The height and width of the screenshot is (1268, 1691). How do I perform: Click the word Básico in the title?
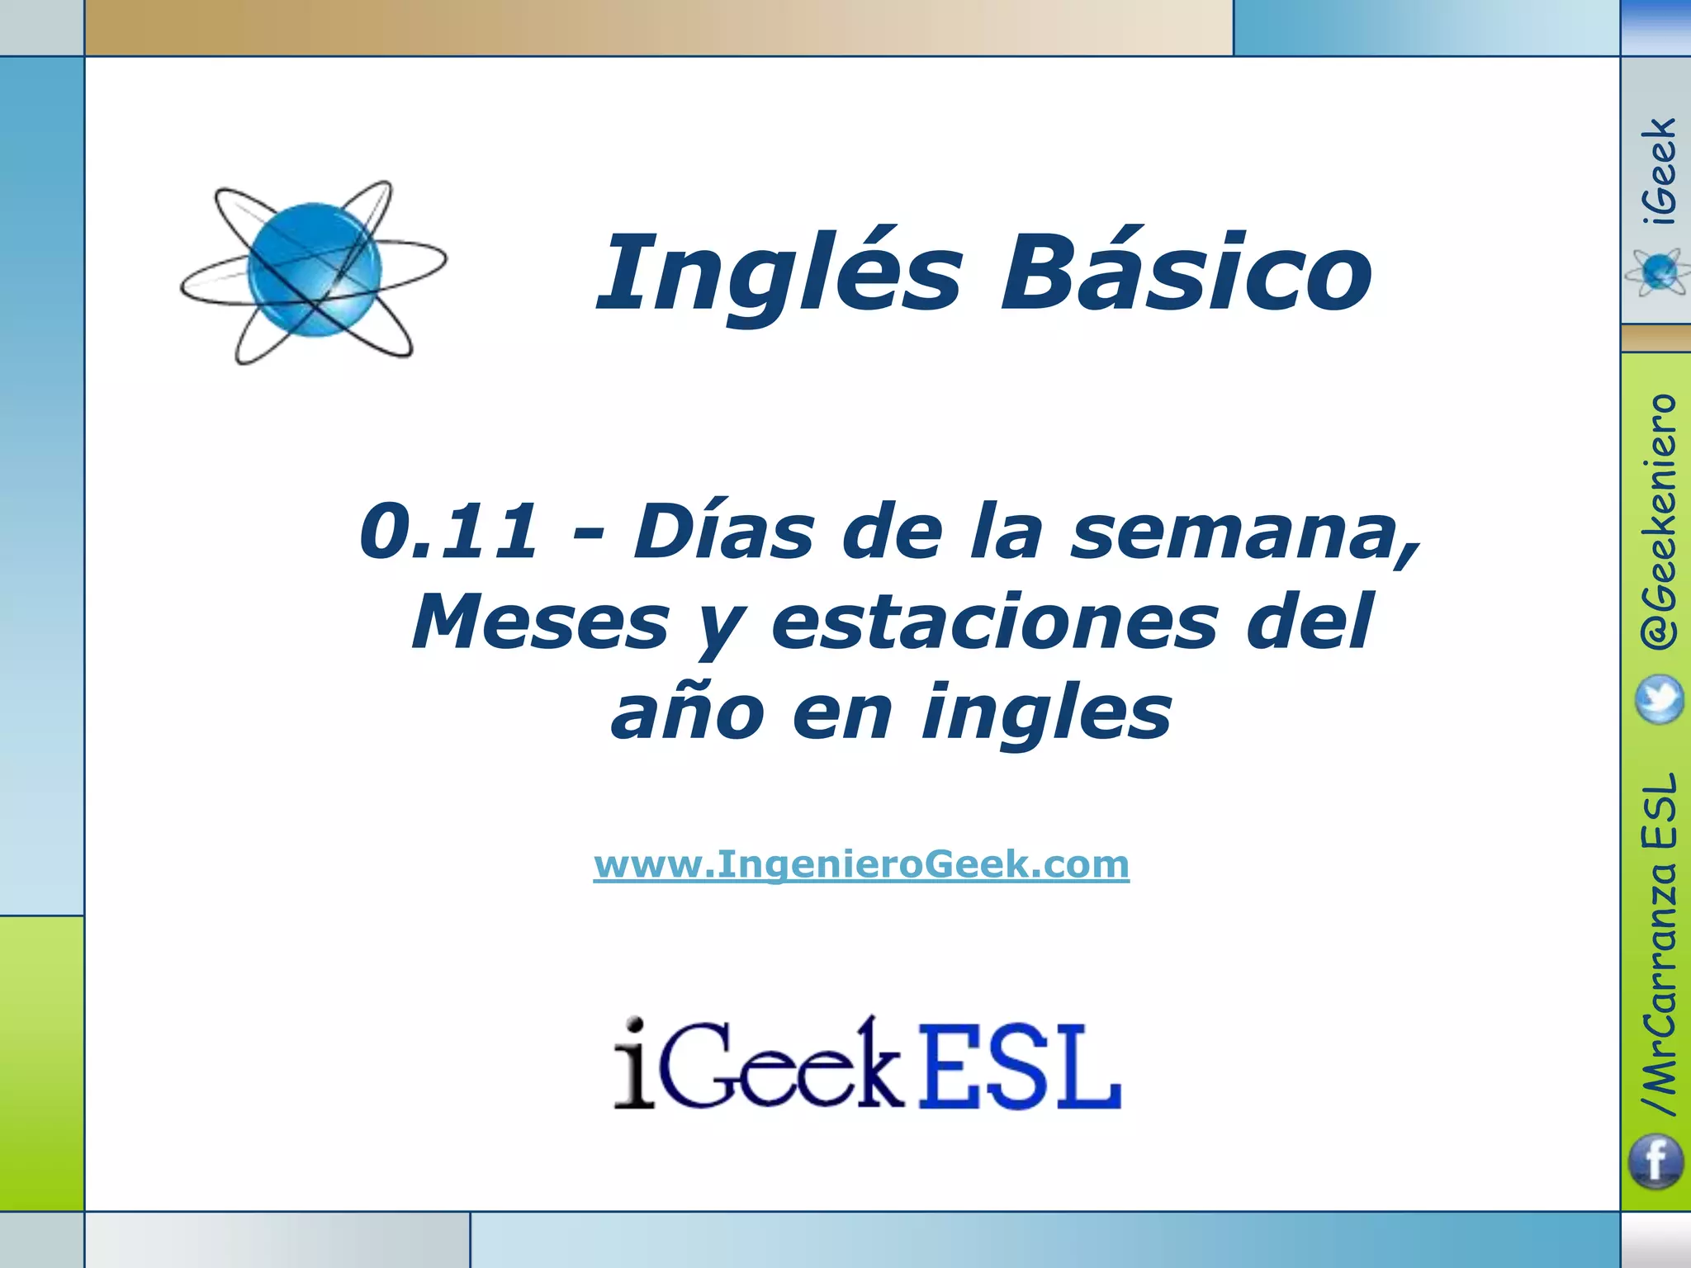pos(1186,272)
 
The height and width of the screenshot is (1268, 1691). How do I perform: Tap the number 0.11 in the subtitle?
pos(448,532)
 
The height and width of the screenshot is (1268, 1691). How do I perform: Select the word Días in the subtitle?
pos(723,532)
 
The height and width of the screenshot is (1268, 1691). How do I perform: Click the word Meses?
pos(541,622)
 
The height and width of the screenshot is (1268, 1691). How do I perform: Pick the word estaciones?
pos(994,622)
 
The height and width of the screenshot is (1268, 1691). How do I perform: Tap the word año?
pos(688,712)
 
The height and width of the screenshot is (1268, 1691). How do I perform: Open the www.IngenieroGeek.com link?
pos(861,865)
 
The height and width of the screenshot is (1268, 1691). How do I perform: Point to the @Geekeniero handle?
pos(1659,521)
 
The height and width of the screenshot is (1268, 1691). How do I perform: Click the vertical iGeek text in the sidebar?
pos(1659,171)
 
